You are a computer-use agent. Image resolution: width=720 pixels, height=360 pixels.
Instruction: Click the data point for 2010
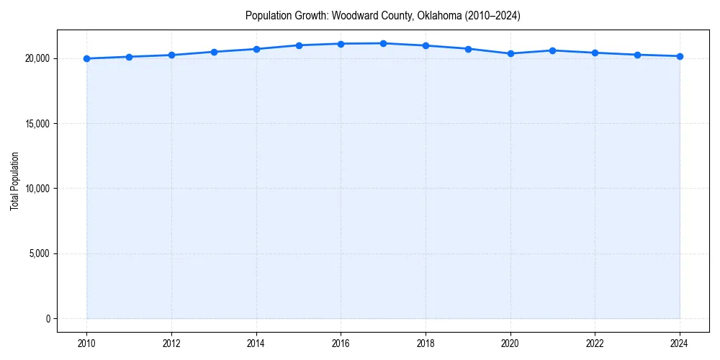click(x=87, y=58)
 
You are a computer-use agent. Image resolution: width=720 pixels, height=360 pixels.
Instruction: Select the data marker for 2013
click(x=214, y=52)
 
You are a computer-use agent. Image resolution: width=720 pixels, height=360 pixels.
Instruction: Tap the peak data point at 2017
click(x=383, y=43)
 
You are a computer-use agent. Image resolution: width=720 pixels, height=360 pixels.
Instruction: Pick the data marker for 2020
click(x=510, y=53)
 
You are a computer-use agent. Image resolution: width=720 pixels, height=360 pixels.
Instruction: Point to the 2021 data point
click(x=552, y=50)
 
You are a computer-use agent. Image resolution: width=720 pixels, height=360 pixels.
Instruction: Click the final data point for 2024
click(x=680, y=56)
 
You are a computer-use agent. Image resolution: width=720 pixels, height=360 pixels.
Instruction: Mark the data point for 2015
click(x=299, y=45)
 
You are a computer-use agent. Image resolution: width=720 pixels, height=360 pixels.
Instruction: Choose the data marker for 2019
click(x=468, y=49)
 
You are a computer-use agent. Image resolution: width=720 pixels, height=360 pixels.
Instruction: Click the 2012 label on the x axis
click(x=171, y=343)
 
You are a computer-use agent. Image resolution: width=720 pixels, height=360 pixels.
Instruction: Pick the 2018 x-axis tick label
click(x=426, y=343)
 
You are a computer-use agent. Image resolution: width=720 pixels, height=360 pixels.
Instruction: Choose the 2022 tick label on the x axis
click(x=595, y=343)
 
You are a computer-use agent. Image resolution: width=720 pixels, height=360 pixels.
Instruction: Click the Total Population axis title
click(x=14, y=181)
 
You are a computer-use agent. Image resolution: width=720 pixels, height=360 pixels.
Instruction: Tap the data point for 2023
click(x=637, y=55)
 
